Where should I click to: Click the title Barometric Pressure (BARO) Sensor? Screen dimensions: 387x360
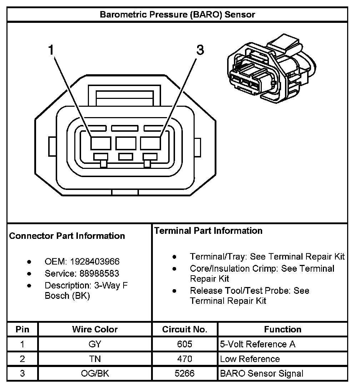pos(177,15)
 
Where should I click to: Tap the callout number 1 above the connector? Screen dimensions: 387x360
pos(51,50)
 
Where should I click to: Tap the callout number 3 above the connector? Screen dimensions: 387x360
pos(200,50)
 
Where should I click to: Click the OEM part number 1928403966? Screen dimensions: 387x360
pos(95,262)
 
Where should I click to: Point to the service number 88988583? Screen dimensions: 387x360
pos(95,273)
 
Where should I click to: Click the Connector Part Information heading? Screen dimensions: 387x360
pos(67,236)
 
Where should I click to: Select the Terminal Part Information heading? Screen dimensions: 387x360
pos(208,231)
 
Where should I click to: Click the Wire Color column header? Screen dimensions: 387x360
pos(95,329)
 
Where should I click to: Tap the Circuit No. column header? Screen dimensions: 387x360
pos(185,329)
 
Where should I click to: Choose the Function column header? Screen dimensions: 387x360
pos(282,329)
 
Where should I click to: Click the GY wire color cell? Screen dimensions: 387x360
pos(95,344)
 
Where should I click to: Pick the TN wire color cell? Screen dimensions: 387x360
pos(95,359)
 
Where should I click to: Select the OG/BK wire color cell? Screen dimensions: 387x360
pos(95,373)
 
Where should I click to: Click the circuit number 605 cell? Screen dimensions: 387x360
pos(185,344)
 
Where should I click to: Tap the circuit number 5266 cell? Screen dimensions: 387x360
pos(185,373)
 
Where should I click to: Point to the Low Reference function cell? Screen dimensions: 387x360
pos(250,359)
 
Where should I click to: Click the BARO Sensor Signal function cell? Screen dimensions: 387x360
pos(262,373)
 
